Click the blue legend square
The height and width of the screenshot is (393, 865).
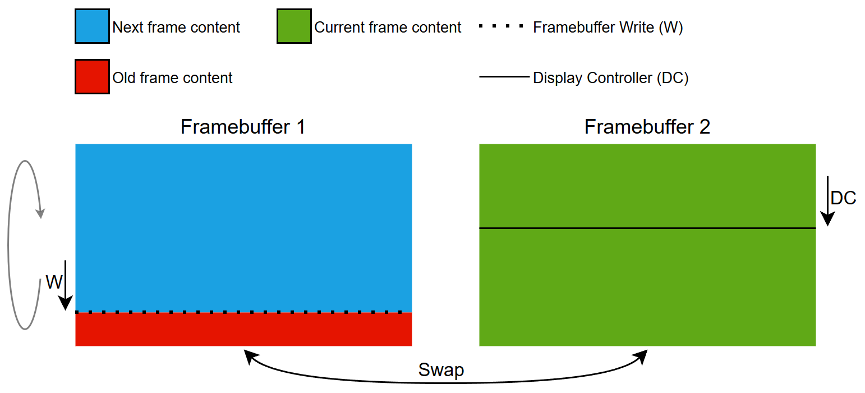pyautogui.click(x=92, y=26)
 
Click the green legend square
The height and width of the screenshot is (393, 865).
pyautogui.click(x=293, y=26)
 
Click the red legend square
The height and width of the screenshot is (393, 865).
pyautogui.click(x=92, y=77)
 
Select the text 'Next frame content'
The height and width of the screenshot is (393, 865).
pyautogui.click(x=176, y=27)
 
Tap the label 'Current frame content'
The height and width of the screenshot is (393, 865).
pyautogui.click(x=388, y=27)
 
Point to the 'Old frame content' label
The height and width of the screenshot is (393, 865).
pyautogui.click(x=172, y=77)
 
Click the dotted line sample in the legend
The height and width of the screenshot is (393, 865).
pyautogui.click(x=501, y=26)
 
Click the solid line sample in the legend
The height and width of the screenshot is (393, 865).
pyautogui.click(x=504, y=77)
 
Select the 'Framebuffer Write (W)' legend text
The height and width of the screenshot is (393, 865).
pyautogui.click(x=608, y=27)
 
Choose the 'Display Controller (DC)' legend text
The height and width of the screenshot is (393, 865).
pyautogui.click(x=610, y=77)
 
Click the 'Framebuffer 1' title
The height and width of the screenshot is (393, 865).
pyautogui.click(x=243, y=127)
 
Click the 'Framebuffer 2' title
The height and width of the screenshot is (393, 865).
pyautogui.click(x=647, y=127)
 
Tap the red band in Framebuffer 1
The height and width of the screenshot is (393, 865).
pyautogui.click(x=243, y=330)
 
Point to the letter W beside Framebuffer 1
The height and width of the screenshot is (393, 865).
pyautogui.click(x=54, y=282)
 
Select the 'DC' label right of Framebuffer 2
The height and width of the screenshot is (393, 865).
pyautogui.click(x=843, y=198)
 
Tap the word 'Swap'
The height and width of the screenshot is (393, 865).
pyautogui.click(x=441, y=371)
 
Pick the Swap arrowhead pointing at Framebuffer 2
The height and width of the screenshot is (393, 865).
pyautogui.click(x=641, y=356)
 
